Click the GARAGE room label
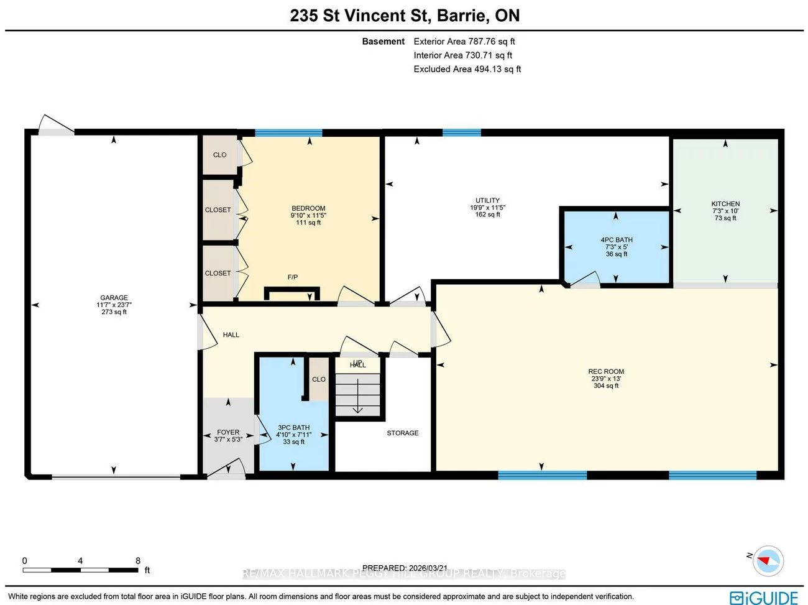click(x=114, y=298)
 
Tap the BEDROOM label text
click(x=308, y=208)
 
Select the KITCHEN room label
click(x=725, y=204)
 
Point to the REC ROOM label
click(x=606, y=372)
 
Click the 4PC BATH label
click(x=617, y=240)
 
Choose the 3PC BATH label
click(x=293, y=428)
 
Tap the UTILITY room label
click(x=487, y=201)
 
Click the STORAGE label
click(x=403, y=433)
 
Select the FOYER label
click(x=228, y=432)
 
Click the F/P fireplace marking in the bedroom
click(x=292, y=277)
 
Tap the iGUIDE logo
click(x=764, y=598)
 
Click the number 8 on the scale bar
click(x=138, y=560)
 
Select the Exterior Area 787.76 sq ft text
click(x=464, y=42)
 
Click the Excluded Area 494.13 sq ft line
click(x=467, y=69)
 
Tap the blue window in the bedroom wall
click(x=288, y=133)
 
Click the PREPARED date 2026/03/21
click(x=428, y=568)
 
